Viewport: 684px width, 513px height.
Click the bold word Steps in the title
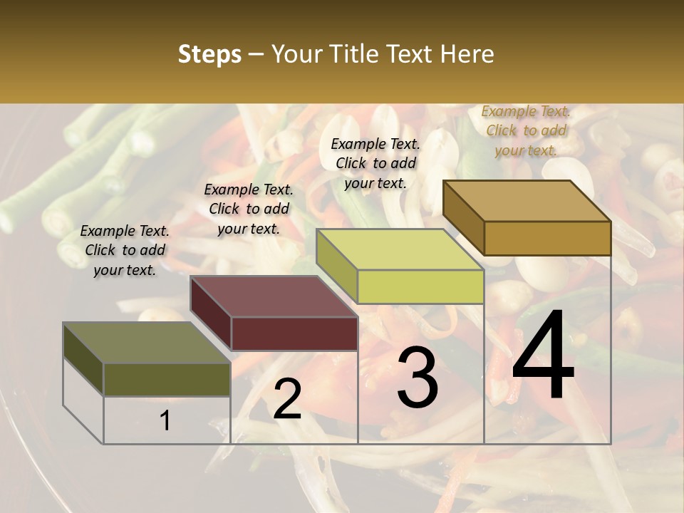pos(209,54)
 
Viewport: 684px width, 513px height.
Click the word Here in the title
pos(467,54)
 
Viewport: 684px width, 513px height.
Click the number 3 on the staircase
pos(417,378)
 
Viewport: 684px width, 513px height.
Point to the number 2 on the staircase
pos(287,400)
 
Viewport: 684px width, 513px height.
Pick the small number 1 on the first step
pos(165,421)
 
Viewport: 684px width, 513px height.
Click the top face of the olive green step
pos(146,343)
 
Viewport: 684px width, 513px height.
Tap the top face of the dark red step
pos(274,296)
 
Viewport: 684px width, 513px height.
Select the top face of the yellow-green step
pos(399,249)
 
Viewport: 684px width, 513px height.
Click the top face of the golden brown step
pos(527,201)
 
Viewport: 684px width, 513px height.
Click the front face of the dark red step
pos(294,333)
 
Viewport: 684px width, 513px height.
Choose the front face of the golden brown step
pos(547,238)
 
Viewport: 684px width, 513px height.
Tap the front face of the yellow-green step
pos(420,286)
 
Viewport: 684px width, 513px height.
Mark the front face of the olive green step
pos(167,379)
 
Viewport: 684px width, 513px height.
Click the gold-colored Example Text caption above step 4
pos(526,130)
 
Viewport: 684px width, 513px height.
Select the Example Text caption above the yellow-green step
pos(375,163)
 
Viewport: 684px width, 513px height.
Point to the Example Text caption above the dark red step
pos(249,209)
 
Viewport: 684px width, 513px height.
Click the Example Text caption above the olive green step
pos(125,250)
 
